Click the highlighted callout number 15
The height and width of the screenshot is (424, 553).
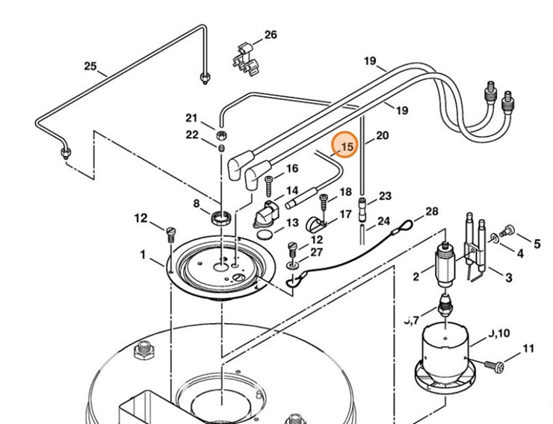(x=346, y=147)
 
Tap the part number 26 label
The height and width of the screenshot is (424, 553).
(x=270, y=35)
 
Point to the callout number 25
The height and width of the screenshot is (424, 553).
(x=90, y=67)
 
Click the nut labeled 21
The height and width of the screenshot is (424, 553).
(x=222, y=135)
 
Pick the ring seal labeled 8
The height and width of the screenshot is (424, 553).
(x=220, y=218)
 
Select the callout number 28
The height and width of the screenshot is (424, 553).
(x=431, y=212)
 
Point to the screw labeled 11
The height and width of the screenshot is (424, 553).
(x=493, y=365)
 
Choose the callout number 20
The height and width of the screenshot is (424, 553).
(x=382, y=135)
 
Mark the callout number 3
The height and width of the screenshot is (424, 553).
(x=508, y=278)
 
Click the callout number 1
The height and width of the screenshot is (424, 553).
(x=142, y=255)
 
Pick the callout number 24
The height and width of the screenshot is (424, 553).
(x=383, y=221)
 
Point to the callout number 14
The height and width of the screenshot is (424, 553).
(x=291, y=191)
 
